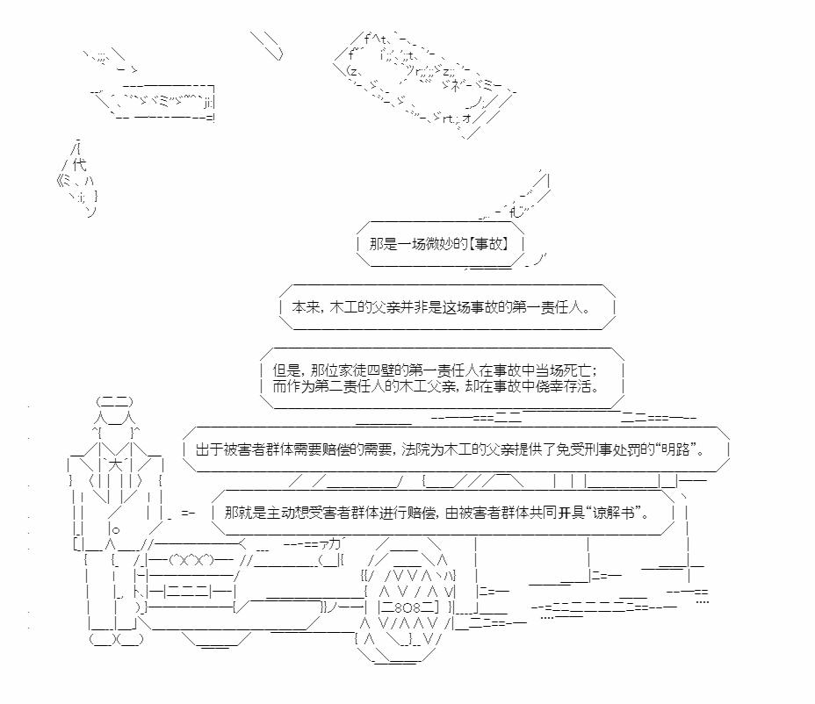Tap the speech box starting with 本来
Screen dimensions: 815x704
coord(447,307)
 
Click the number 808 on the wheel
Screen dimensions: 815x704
coord(407,607)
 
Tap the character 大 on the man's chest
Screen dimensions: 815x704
coord(115,464)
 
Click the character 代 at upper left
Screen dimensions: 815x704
coord(79,165)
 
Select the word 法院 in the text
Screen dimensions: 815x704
coord(415,449)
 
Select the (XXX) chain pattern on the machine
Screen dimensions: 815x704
coord(191,560)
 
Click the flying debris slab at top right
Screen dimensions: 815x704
coord(423,83)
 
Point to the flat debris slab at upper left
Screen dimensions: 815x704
coord(155,102)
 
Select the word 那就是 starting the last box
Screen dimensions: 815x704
coord(245,513)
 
